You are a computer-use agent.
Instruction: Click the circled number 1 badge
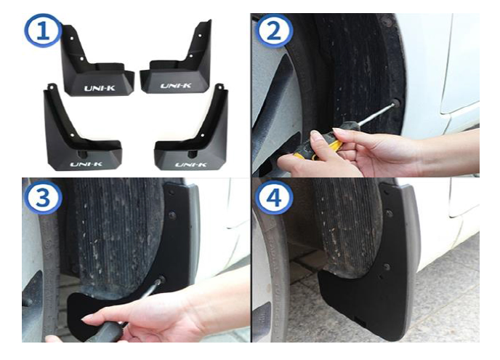click(x=44, y=31)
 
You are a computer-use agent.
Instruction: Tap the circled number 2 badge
click(x=274, y=31)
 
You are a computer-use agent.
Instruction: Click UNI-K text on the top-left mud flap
click(x=100, y=88)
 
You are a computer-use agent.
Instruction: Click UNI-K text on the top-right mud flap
click(x=176, y=86)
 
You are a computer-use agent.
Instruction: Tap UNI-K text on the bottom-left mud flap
click(x=86, y=164)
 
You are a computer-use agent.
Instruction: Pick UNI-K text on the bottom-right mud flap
click(x=191, y=164)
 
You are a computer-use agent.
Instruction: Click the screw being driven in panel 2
click(x=396, y=103)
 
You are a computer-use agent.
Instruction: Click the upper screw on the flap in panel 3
click(x=172, y=215)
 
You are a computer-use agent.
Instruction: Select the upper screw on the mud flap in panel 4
click(x=389, y=213)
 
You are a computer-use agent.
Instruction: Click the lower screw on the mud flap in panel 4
click(x=387, y=267)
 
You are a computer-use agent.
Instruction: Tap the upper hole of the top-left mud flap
click(x=72, y=39)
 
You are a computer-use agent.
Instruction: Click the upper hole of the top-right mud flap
click(x=200, y=36)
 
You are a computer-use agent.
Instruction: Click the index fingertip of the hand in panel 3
click(x=86, y=317)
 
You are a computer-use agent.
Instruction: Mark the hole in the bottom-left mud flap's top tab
click(x=51, y=87)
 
